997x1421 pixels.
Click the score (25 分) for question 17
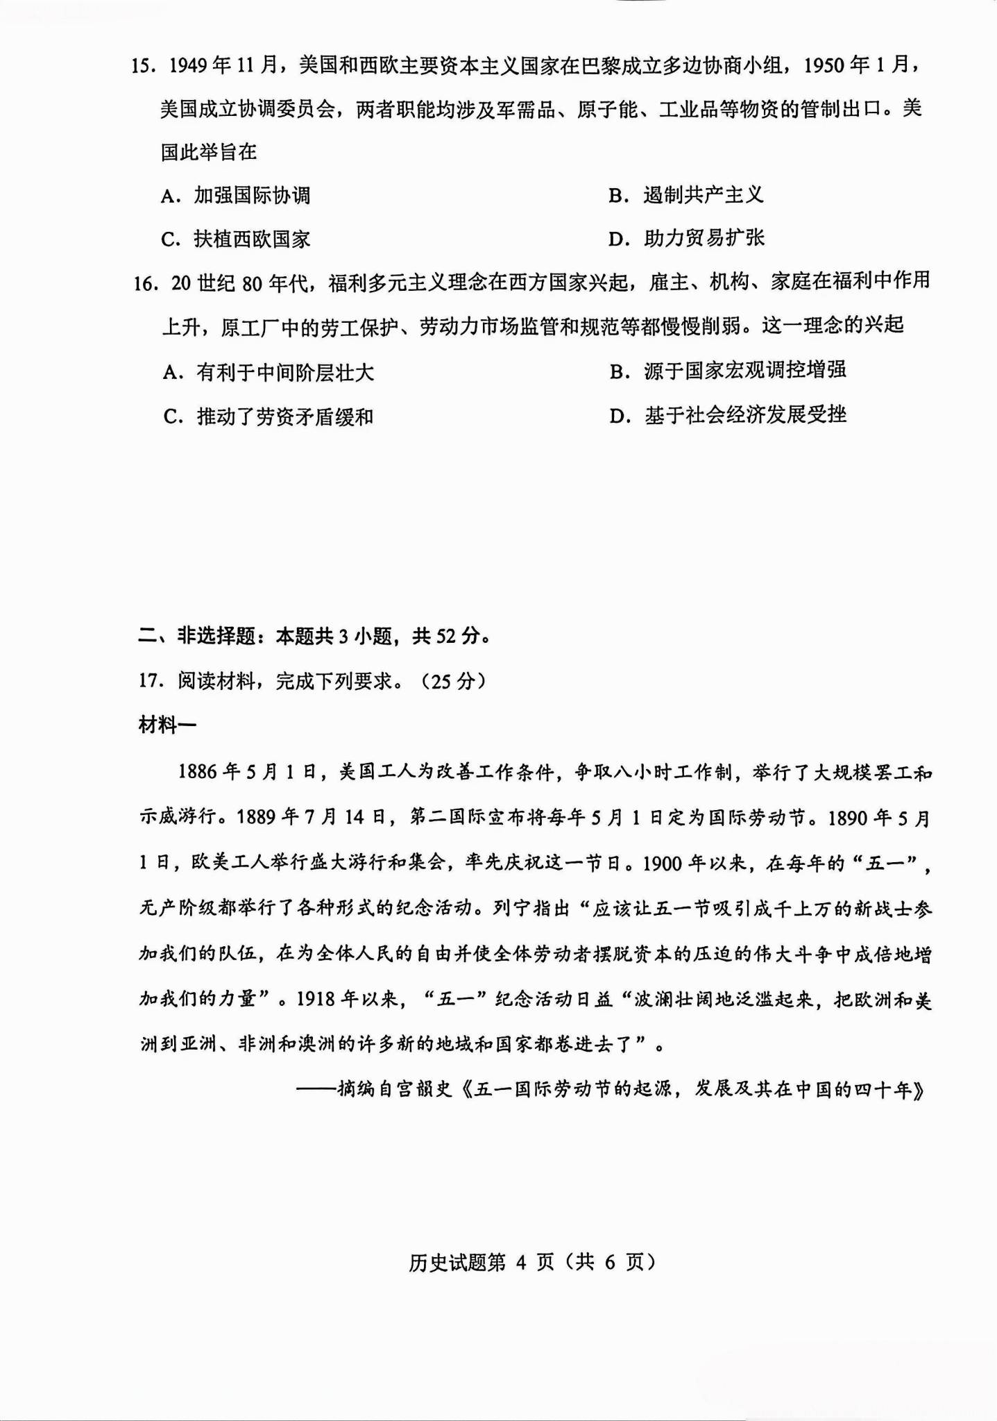[x=454, y=681]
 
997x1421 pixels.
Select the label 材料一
[x=167, y=725]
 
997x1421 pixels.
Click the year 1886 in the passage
[x=198, y=772]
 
